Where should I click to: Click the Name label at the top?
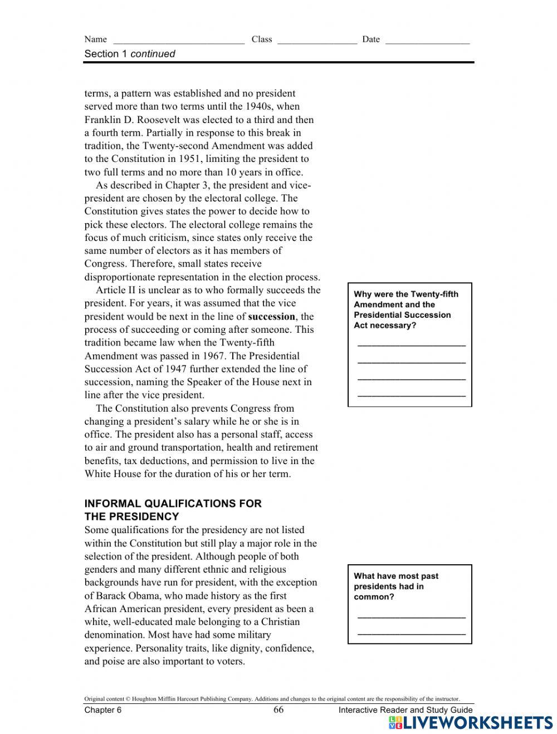95,39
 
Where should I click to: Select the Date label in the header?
370,39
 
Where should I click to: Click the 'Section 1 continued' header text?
129,54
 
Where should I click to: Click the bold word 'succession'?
271,317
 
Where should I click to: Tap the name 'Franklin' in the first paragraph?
102,120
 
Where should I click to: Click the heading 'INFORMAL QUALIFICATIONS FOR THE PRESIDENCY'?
173,510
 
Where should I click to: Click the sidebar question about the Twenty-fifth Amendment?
405,309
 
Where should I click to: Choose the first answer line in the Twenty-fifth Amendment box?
411,346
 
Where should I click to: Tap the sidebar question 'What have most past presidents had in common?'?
396,587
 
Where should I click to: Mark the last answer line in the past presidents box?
411,634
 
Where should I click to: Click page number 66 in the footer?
278,710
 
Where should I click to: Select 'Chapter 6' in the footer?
102,710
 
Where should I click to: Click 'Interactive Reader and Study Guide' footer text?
405,710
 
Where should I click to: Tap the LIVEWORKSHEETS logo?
471,722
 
